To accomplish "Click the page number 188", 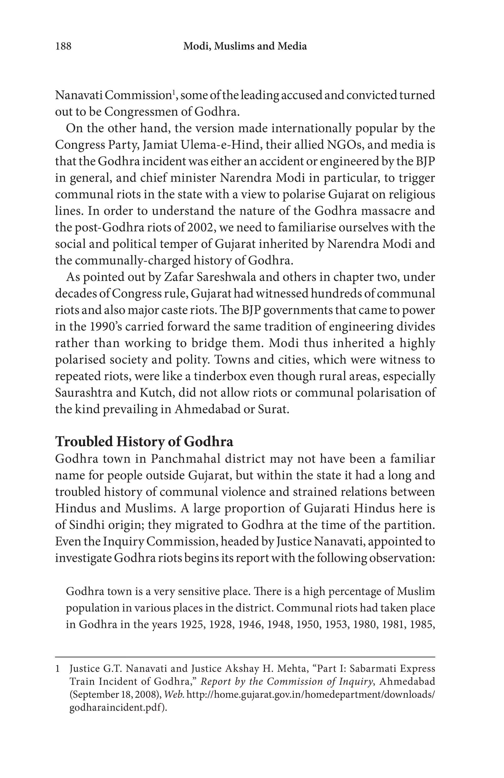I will click(63, 46).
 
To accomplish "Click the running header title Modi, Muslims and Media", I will click(245, 46).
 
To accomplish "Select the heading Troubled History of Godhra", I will click(144, 442).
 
